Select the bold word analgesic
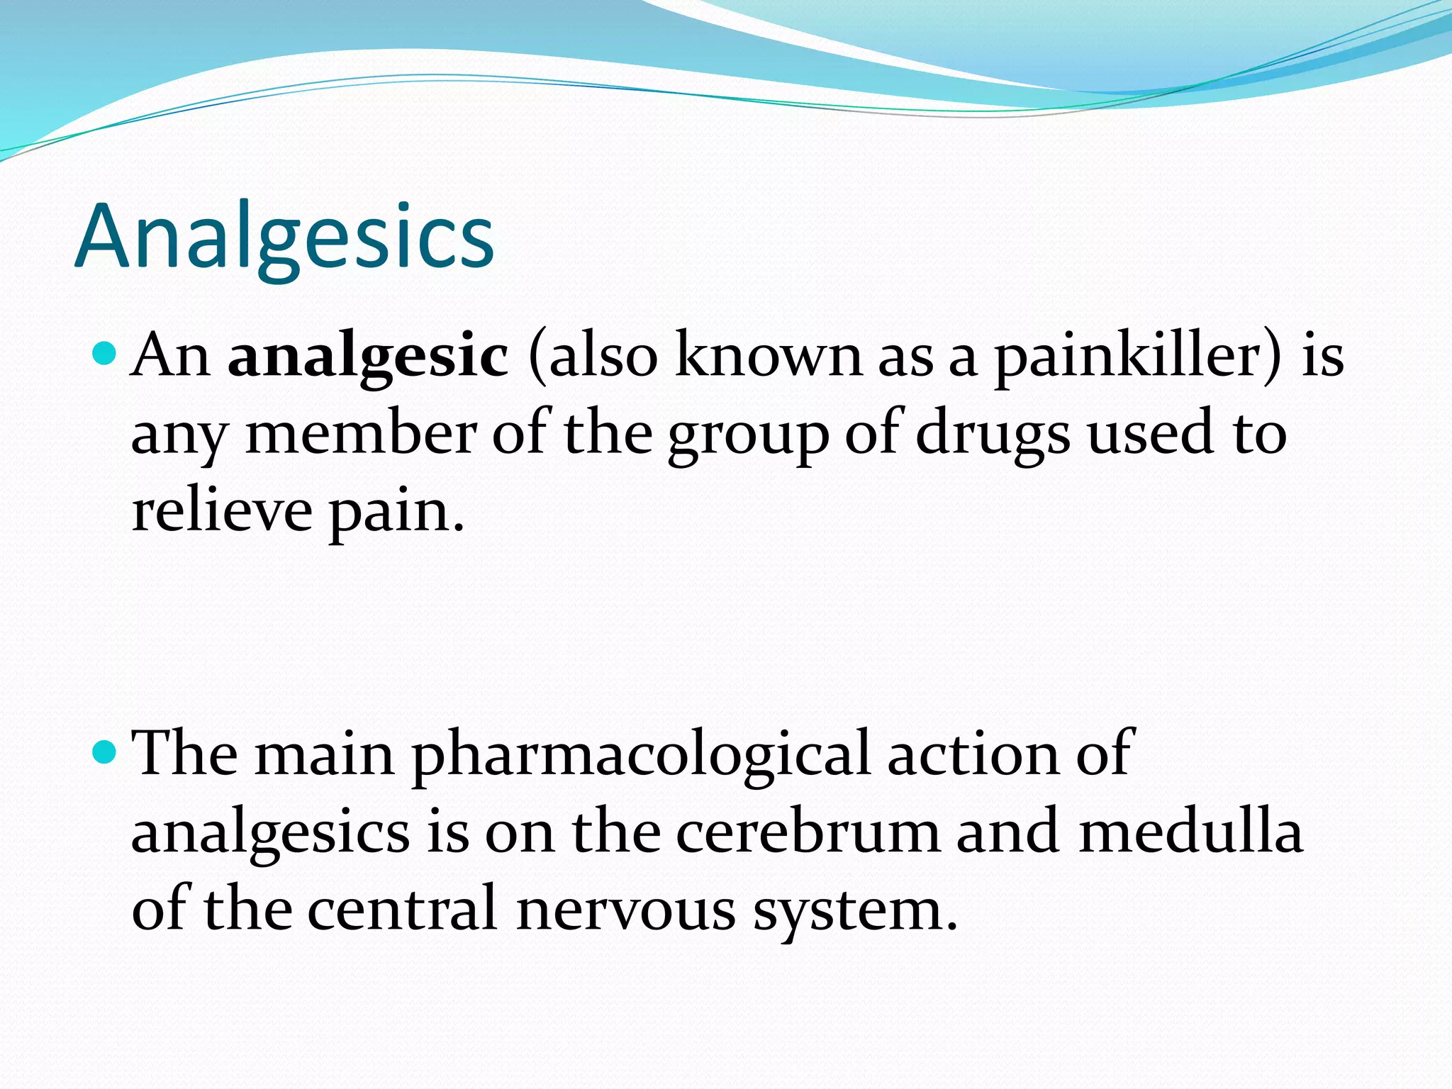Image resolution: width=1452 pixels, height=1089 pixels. tap(368, 356)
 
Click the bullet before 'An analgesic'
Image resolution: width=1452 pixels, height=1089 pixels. tap(104, 352)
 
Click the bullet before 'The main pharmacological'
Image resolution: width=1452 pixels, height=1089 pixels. tap(104, 751)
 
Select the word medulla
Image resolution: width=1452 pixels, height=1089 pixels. tap(1190, 832)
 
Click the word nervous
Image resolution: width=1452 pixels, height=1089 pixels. tap(626, 910)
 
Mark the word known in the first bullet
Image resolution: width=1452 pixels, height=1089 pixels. tap(769, 356)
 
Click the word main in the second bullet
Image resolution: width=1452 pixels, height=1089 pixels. tap(325, 754)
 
